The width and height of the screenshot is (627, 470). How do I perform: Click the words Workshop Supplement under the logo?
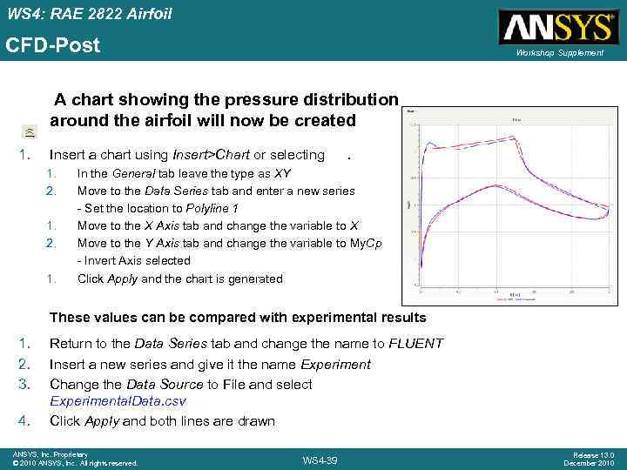(559, 53)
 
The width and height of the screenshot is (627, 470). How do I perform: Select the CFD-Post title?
(53, 44)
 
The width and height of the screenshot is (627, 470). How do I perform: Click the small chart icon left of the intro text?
(30, 131)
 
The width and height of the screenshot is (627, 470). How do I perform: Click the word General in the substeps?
(131, 173)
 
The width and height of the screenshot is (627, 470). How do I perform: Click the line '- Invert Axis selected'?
(133, 260)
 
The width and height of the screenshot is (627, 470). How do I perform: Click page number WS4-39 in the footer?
(320, 460)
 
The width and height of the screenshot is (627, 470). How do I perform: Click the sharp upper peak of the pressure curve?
(426, 144)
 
